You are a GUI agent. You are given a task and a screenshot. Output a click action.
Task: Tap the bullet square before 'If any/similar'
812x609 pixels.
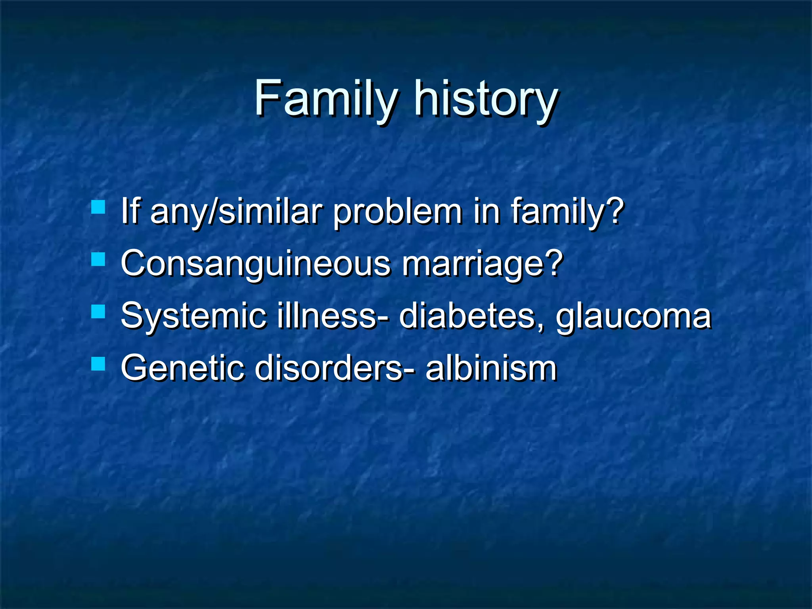coord(98,207)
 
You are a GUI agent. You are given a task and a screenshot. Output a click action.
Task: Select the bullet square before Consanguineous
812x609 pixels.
coord(98,260)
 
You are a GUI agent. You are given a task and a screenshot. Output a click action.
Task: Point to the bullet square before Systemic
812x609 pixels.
coord(98,312)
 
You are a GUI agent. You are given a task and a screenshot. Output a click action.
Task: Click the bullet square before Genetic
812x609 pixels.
coord(98,364)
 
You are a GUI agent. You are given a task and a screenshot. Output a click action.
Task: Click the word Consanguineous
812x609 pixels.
coord(256,264)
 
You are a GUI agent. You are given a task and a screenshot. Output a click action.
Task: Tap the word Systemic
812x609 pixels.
coord(193,316)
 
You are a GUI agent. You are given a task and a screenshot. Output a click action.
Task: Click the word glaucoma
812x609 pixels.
coord(633,317)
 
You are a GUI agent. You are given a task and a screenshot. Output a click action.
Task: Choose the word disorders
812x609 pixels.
coord(329,368)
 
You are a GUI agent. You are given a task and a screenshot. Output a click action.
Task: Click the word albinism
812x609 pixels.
coord(491,368)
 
